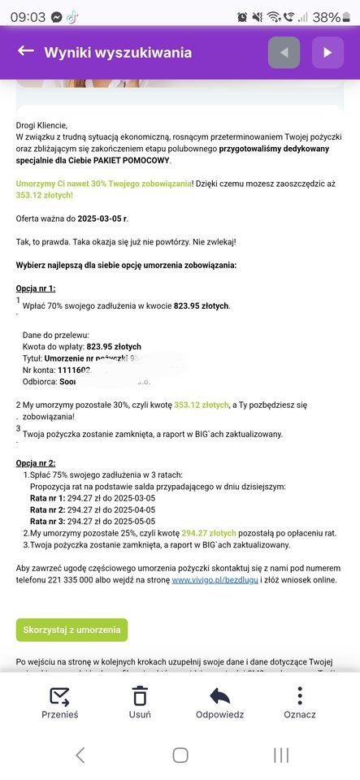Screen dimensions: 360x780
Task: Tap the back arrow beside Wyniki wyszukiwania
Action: pos(25,52)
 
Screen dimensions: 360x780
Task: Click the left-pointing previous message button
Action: pos(284,53)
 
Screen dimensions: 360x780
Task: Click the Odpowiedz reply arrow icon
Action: pos(219,696)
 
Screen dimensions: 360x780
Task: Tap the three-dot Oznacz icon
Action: pos(300,696)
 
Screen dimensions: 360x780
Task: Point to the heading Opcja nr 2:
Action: pos(36,463)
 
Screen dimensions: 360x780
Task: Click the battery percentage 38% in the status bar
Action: pos(327,16)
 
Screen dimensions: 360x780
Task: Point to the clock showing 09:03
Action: pos(28,16)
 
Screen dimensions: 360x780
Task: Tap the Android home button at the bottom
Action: pos(180,755)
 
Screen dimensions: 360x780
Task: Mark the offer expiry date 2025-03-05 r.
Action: pos(101,218)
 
